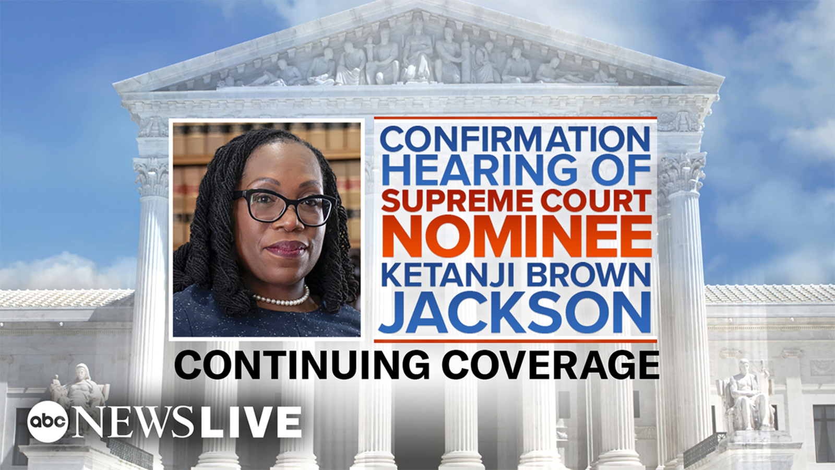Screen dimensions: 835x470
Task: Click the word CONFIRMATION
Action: (x=515, y=139)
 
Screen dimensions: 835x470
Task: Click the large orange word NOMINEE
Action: (x=516, y=236)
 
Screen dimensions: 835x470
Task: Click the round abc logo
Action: (x=47, y=422)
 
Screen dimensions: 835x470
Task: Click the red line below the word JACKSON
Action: (x=515, y=341)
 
